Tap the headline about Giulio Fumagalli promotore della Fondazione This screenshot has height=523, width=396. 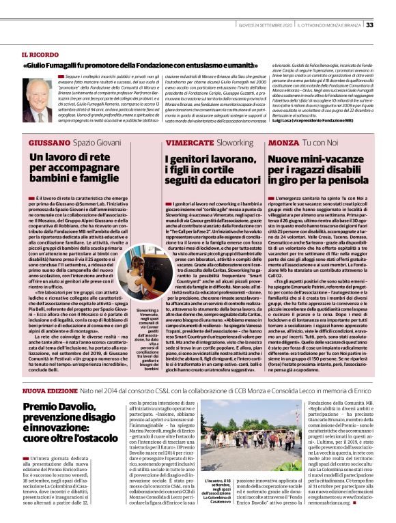point(143,66)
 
